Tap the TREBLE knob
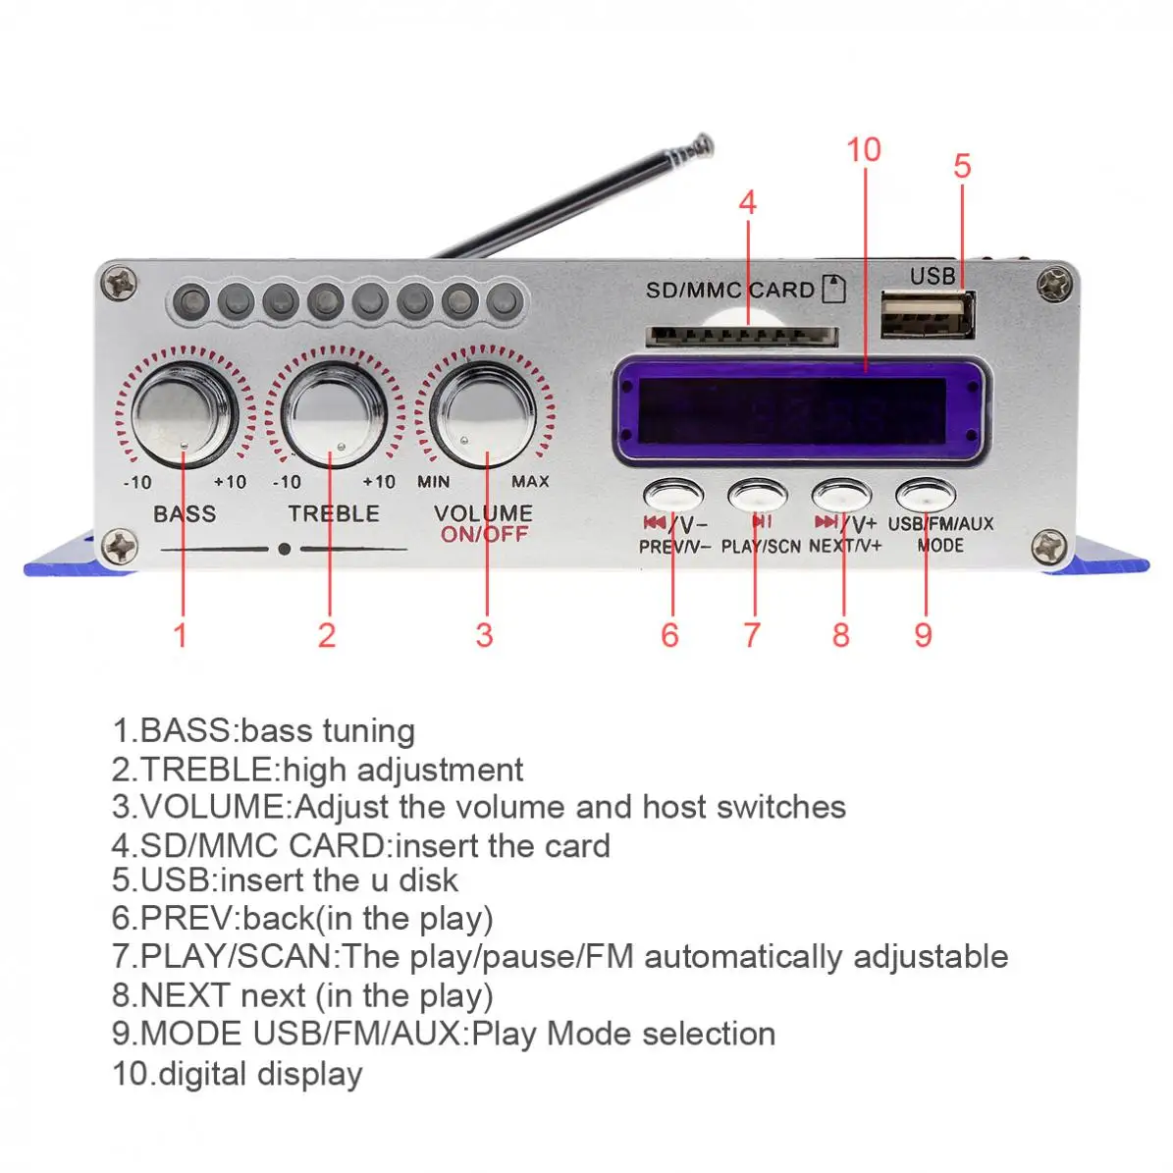click(334, 414)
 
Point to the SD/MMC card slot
click(741, 337)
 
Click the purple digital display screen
click(799, 410)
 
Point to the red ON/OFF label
click(484, 535)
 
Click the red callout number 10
click(864, 150)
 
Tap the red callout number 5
click(962, 166)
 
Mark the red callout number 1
click(180, 635)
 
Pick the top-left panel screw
click(121, 284)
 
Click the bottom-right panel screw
click(1048, 546)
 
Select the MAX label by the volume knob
click(530, 482)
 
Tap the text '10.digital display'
click(237, 1073)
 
